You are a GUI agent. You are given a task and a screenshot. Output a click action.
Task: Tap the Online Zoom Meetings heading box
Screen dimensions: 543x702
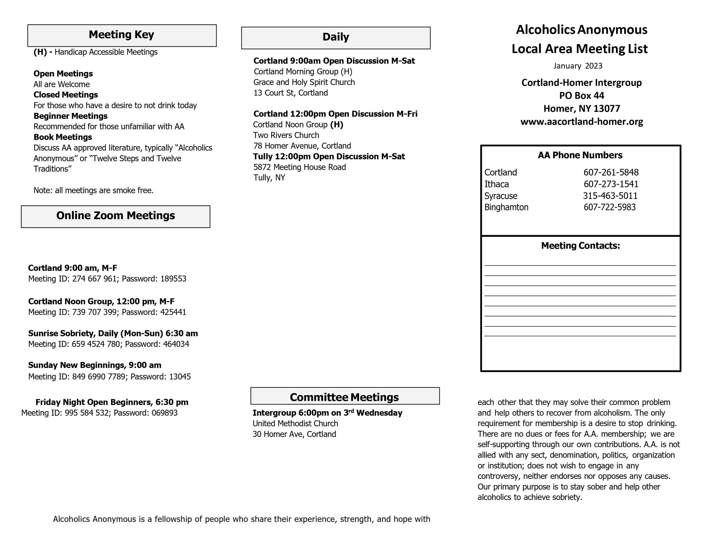115,216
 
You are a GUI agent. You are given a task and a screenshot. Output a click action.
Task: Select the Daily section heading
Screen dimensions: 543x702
336,37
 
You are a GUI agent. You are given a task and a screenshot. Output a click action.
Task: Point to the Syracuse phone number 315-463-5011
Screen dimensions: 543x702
610,196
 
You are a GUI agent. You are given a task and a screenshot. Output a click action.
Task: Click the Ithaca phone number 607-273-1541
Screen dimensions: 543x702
611,184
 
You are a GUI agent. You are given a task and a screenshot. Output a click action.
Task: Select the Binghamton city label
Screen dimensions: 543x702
506,207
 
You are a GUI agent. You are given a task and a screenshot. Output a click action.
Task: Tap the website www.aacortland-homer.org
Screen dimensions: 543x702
582,122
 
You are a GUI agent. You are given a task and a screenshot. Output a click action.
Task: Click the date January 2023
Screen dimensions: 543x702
578,66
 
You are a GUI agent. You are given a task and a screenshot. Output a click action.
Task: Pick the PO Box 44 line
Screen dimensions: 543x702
582,96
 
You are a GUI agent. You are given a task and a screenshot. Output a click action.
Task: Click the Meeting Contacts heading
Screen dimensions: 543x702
580,246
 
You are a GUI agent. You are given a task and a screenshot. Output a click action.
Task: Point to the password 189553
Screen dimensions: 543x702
173,279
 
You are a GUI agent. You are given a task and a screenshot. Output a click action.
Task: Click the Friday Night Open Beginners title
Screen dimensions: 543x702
112,402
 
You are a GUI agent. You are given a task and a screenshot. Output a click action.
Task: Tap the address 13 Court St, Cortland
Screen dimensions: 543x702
291,93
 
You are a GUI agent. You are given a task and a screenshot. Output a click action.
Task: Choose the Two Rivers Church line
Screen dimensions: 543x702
286,135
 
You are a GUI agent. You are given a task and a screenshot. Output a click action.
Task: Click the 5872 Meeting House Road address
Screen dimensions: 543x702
300,167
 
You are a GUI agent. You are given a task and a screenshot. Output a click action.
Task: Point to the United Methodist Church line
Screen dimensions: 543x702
295,423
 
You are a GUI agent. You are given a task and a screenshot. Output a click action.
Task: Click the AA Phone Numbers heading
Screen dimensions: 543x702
580,155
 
